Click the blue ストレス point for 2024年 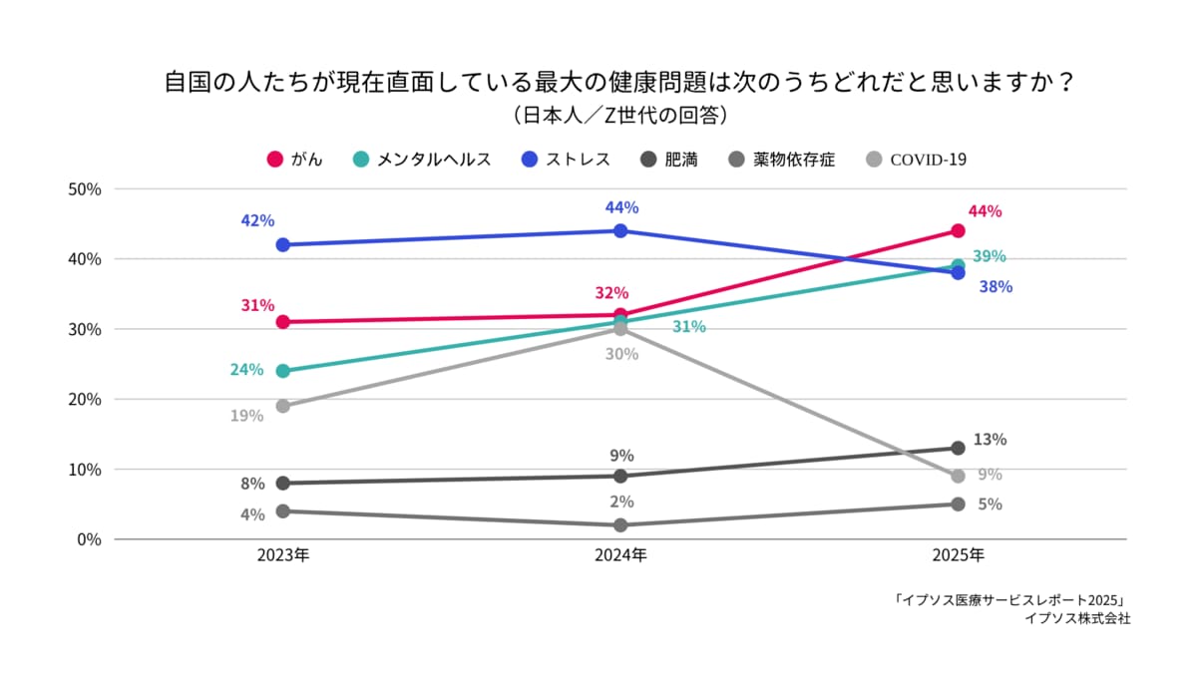point(620,230)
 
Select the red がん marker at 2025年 point(958,230)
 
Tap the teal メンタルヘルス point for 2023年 point(282,371)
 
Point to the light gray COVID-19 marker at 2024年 point(620,329)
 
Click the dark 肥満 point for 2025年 point(958,448)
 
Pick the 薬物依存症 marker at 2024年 point(620,525)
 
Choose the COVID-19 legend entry point(917,160)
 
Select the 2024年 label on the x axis point(620,555)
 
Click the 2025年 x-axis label point(958,555)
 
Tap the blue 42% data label point(257,220)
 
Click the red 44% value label point(985,211)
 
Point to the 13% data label point(990,440)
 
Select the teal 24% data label point(246,370)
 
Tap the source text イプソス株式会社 point(1077,619)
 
